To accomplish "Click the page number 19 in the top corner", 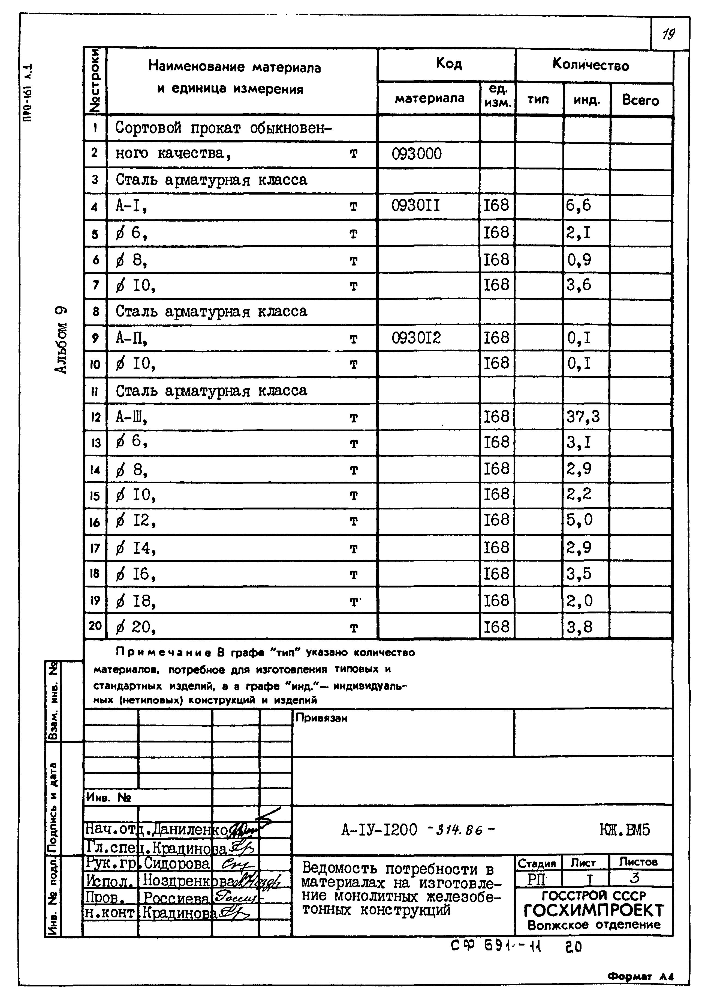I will [x=668, y=34].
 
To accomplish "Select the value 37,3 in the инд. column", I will [x=583, y=417].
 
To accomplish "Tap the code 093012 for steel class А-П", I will [x=416, y=338].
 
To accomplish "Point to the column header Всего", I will [x=640, y=100].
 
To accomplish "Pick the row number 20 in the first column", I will [x=95, y=626].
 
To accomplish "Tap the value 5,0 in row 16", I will [x=579, y=520].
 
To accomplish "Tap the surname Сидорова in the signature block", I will [x=177, y=864].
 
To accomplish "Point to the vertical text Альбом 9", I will [x=61, y=340].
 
